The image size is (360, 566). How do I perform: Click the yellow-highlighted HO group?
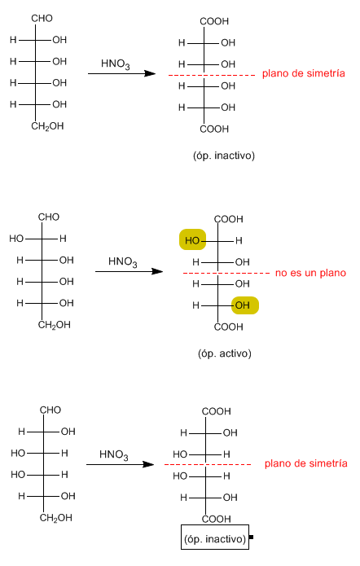192,239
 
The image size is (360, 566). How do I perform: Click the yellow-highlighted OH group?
245,305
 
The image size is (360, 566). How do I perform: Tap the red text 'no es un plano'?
310,273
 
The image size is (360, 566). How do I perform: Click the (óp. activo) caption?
224,353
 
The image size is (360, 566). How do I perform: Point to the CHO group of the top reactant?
42,18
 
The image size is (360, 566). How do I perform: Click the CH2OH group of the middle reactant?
54,325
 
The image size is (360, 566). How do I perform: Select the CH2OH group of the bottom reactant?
56,518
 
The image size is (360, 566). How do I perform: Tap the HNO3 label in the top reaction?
115,64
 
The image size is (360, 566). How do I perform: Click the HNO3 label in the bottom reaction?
114,454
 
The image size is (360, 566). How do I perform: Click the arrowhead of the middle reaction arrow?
157,271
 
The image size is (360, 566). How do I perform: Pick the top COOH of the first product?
214,21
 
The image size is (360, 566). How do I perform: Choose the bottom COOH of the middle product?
229,327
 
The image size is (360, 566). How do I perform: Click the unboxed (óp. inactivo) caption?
224,156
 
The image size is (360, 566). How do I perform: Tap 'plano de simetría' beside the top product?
303,73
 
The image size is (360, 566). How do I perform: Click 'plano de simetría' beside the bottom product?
306,463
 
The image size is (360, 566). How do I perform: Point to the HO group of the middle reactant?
16,239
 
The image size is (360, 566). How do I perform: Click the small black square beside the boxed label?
252,537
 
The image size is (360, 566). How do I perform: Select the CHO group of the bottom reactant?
50,410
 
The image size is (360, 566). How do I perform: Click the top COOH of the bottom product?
217,411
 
